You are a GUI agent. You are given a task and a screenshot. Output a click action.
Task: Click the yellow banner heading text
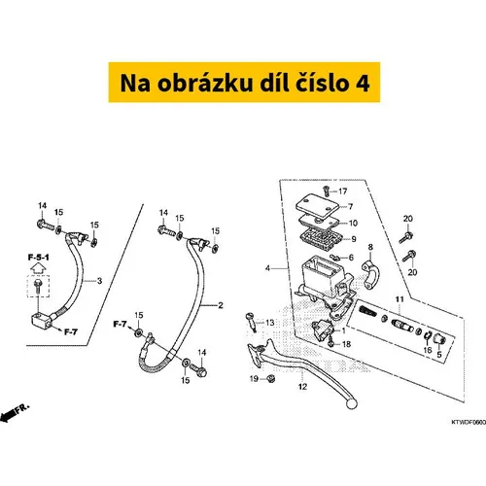click(x=245, y=83)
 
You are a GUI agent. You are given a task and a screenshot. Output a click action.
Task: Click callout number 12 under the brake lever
click(x=302, y=387)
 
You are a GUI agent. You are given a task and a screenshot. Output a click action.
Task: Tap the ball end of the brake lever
click(x=351, y=403)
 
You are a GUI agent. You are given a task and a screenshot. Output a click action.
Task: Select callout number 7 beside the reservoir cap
click(x=350, y=206)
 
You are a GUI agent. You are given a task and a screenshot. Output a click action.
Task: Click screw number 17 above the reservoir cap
click(x=327, y=191)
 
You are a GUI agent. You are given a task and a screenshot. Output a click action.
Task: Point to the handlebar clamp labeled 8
click(x=370, y=274)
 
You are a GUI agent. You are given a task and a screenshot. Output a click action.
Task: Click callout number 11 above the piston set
click(x=399, y=299)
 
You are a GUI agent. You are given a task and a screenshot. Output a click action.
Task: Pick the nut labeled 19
click(x=271, y=378)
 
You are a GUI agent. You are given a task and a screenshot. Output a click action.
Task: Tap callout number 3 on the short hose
click(x=99, y=281)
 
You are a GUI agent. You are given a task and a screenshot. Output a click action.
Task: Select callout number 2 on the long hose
click(x=221, y=305)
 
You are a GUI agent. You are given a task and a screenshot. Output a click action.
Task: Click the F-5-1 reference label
click(x=39, y=258)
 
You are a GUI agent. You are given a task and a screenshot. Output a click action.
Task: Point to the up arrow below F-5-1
click(x=38, y=268)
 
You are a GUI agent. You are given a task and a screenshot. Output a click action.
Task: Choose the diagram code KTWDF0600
click(x=469, y=422)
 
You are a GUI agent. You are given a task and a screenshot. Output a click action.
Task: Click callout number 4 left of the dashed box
click(x=267, y=268)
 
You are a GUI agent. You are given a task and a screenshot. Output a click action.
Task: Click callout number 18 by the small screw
click(x=346, y=344)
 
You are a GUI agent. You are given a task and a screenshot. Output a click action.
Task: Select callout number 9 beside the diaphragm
click(x=354, y=239)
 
